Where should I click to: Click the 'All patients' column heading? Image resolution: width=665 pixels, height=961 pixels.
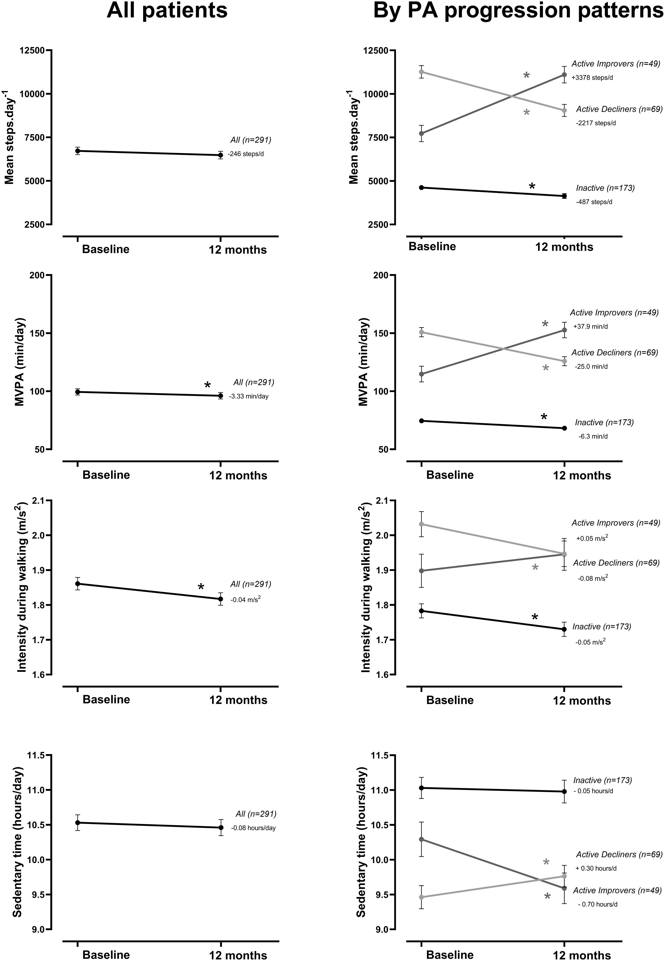coord(167,10)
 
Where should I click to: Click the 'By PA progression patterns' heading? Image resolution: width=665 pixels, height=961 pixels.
coord(518,10)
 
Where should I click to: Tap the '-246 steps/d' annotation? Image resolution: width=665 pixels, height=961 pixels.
coord(246,154)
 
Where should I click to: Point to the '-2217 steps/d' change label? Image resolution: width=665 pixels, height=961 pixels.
coord(596,123)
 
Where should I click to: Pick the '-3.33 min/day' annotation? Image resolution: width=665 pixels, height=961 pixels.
coord(249,396)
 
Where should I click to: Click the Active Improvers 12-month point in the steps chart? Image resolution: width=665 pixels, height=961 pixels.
coord(564,75)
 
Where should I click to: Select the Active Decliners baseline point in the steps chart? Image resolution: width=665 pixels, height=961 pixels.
coord(421,72)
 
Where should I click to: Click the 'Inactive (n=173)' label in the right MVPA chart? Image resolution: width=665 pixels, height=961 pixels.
coord(604,423)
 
